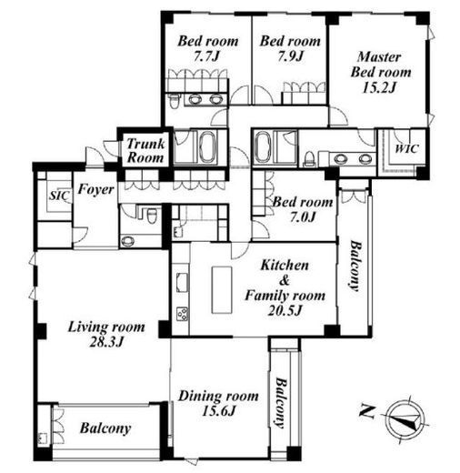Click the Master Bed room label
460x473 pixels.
coord(380,65)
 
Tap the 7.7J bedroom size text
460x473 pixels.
coord(206,56)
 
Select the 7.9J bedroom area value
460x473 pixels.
coord(290,56)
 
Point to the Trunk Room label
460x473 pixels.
coord(145,151)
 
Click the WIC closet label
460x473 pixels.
coord(407,148)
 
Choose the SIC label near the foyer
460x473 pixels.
coord(60,196)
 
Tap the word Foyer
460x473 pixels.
coord(95,189)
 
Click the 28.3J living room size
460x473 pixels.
coord(106,342)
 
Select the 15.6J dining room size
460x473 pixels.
coord(218,411)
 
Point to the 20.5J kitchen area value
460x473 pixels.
coord(285,310)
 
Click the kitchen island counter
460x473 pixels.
coord(222,290)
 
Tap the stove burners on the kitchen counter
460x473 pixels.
coord(182,314)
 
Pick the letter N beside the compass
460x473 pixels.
coord(366,411)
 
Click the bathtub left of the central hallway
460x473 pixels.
coord(207,147)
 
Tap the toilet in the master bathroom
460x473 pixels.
coord(309,159)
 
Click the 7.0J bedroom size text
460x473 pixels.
coord(303,217)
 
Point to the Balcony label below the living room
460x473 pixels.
coord(105,428)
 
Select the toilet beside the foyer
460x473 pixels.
coord(151,215)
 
